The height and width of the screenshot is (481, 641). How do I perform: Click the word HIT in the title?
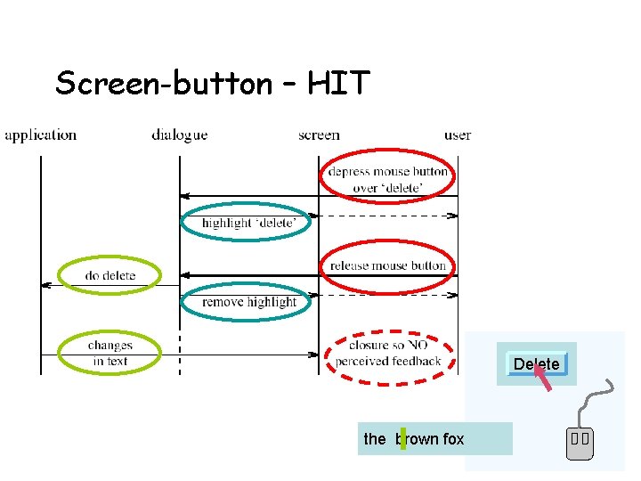point(338,84)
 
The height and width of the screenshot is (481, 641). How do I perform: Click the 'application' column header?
point(41,135)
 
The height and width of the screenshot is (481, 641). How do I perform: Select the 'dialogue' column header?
point(179,135)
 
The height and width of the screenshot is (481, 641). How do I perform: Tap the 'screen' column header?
point(319,135)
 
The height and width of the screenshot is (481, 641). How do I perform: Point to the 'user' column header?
point(458,135)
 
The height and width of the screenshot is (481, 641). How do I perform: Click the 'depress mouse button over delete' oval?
point(387,179)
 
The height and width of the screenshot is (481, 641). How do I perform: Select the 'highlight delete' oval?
point(246,223)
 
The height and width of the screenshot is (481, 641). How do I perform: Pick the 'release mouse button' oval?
point(387,265)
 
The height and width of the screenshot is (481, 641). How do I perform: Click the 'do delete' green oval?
point(110,275)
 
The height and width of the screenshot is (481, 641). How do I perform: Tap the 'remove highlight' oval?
point(248,302)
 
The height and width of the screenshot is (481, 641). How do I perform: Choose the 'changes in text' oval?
point(110,353)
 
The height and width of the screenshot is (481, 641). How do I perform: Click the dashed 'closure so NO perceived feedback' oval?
point(388,354)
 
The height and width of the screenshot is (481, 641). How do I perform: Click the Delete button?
point(536,363)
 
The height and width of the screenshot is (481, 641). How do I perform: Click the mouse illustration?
point(580,442)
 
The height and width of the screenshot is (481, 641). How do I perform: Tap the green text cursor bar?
point(402,438)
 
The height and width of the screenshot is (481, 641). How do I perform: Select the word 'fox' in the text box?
point(453,439)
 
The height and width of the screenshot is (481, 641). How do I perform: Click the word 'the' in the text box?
point(375,439)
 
